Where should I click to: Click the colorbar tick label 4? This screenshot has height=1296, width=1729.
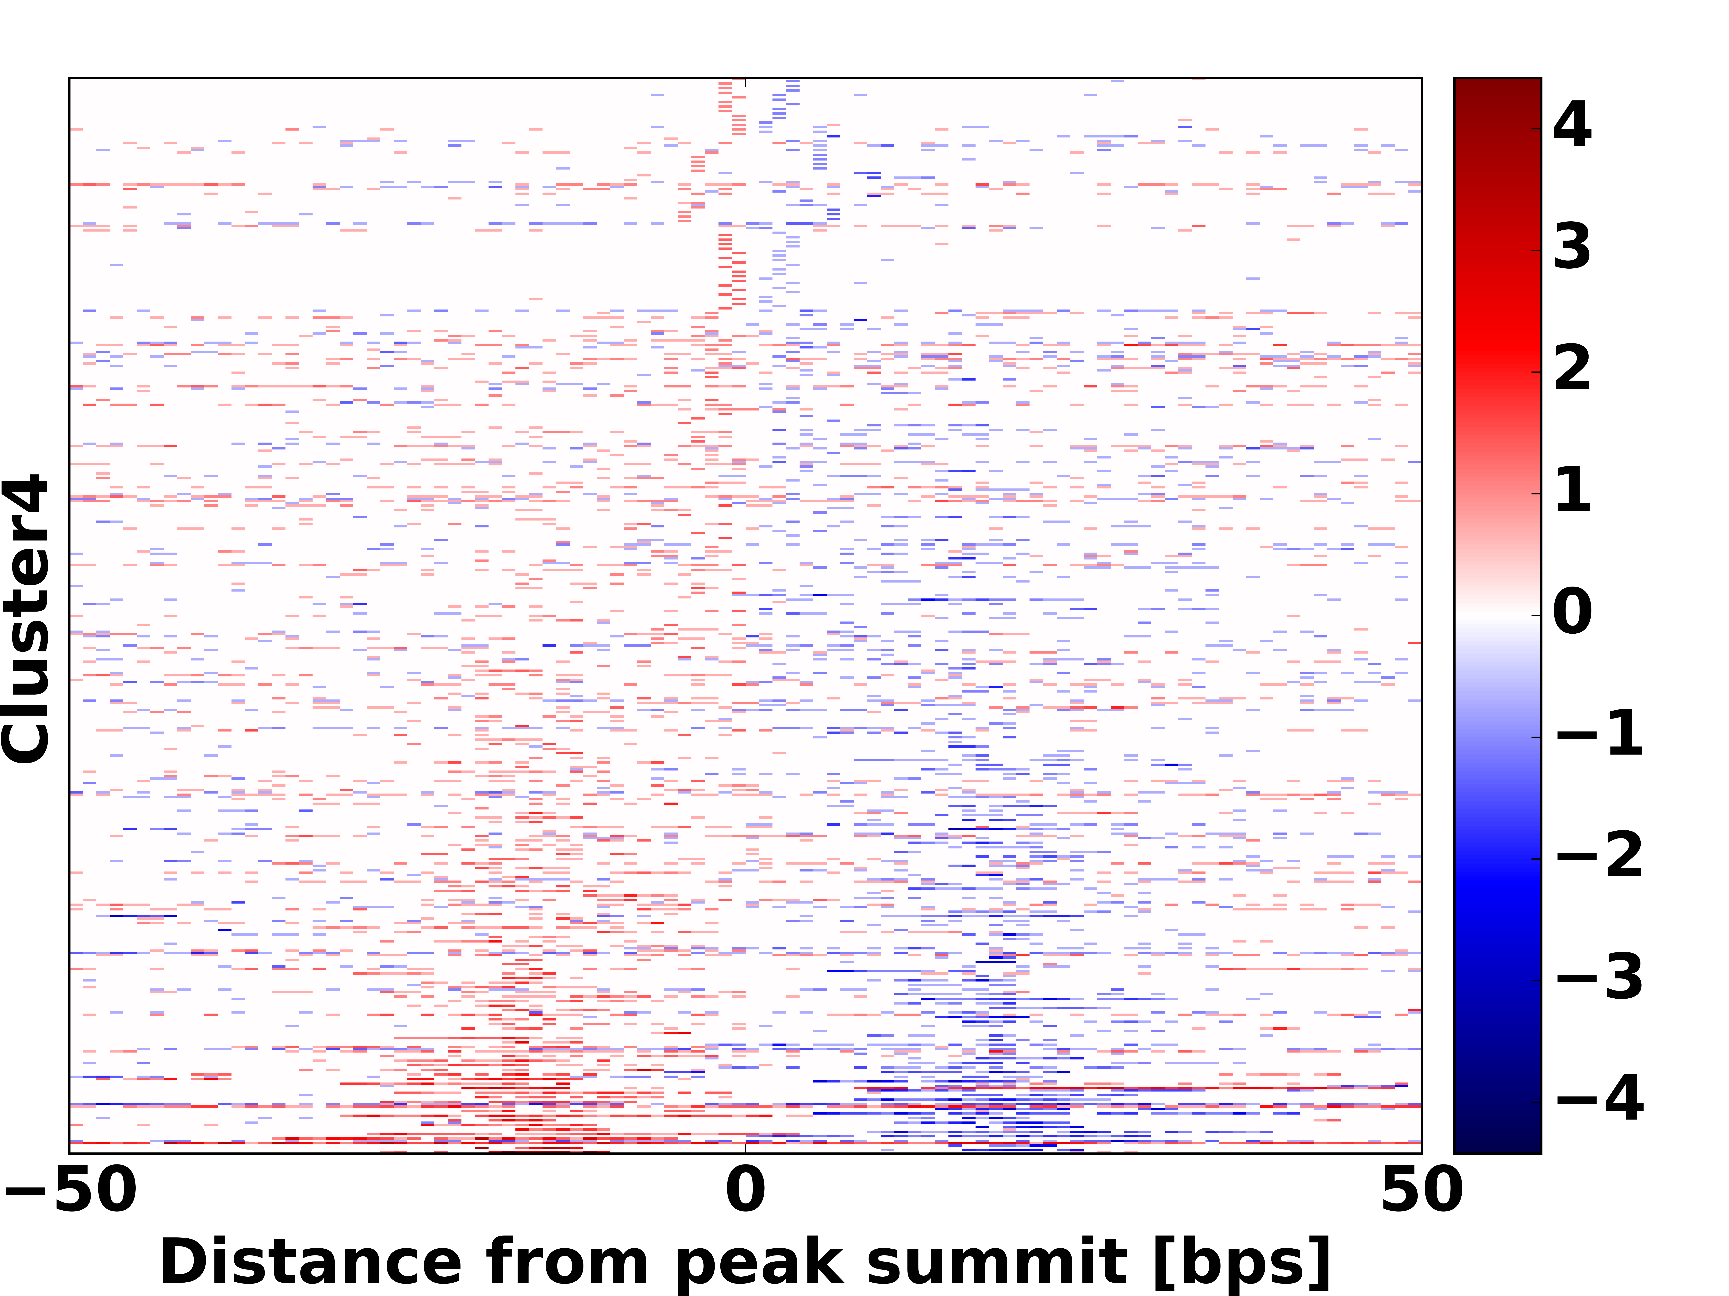coord(1572,125)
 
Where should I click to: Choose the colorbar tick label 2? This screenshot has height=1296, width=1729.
coord(1572,369)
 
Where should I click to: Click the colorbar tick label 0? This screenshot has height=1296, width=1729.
coord(1572,612)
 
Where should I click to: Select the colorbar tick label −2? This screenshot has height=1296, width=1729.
coord(1599,856)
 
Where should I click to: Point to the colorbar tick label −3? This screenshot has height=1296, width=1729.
coord(1599,978)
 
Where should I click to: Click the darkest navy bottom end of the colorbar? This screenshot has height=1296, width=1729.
coord(1497,1148)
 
